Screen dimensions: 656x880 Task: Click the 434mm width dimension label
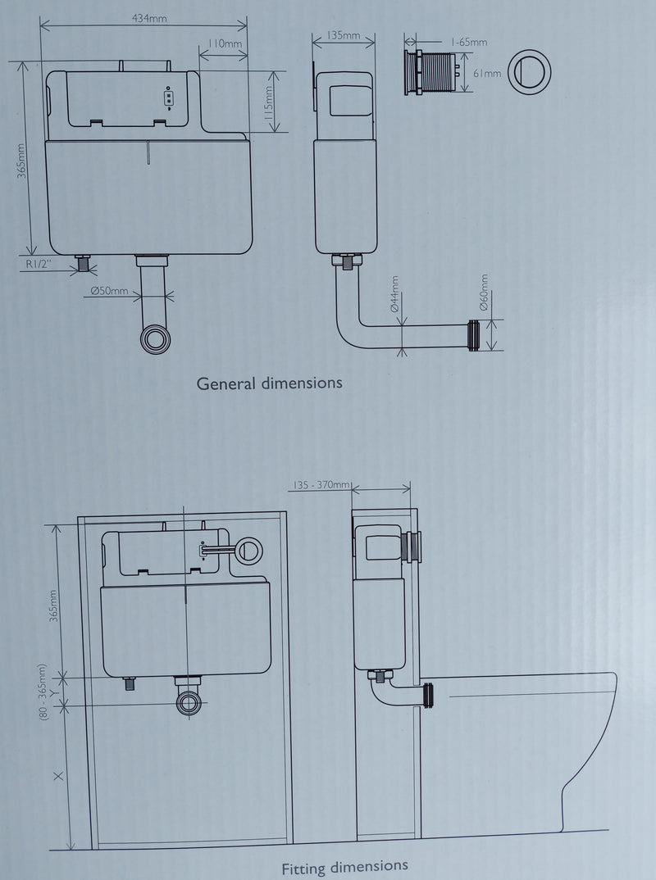click(x=149, y=18)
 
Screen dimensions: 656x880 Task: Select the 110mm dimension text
click(x=225, y=43)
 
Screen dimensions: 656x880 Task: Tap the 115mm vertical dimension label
click(x=268, y=102)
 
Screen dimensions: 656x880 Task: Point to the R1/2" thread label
click(x=39, y=263)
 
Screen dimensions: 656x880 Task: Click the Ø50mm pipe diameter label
click(x=110, y=291)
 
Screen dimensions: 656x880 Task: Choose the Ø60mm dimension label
click(x=484, y=293)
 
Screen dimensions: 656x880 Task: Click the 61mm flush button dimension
click(x=487, y=74)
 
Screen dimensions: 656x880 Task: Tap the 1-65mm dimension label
click(x=469, y=42)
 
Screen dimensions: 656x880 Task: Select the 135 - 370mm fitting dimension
click(x=321, y=485)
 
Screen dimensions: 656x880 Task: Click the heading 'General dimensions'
click(x=270, y=383)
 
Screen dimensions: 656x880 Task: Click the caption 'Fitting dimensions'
click(x=345, y=868)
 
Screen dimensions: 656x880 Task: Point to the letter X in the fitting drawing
click(x=58, y=776)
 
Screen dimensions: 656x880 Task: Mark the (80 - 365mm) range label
click(x=43, y=692)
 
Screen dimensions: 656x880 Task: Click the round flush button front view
click(x=529, y=72)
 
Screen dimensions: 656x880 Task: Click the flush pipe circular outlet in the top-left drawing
click(x=155, y=339)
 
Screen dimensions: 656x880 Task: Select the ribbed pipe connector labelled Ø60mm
click(x=474, y=335)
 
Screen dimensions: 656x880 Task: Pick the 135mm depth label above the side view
click(x=344, y=35)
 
